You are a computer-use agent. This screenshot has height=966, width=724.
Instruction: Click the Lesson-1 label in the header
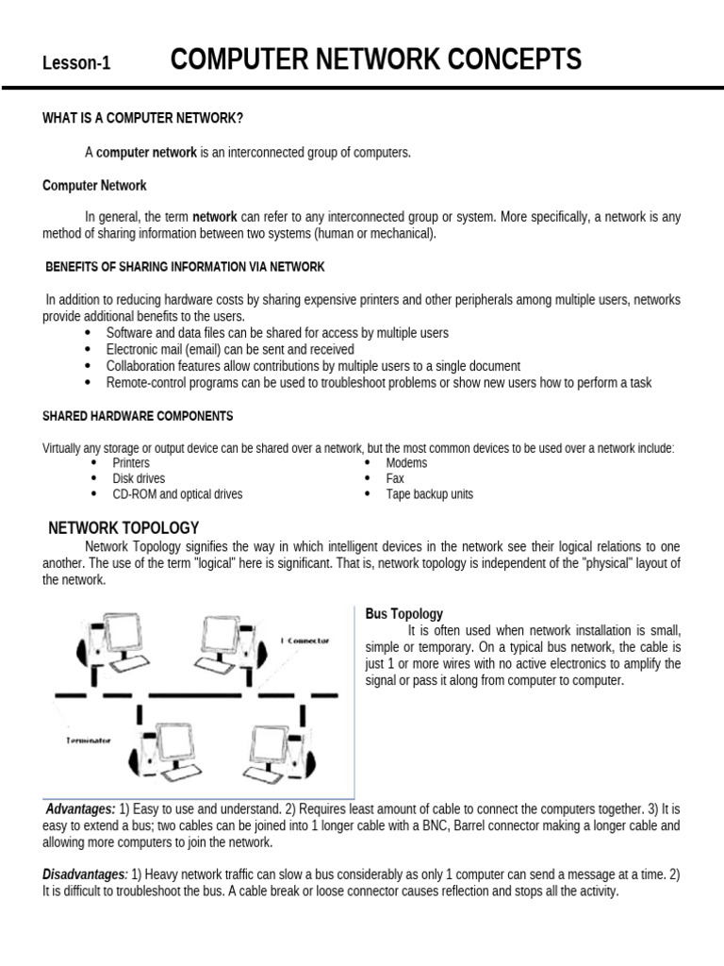(x=76, y=64)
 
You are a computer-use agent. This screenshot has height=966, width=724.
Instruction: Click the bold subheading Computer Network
(x=94, y=186)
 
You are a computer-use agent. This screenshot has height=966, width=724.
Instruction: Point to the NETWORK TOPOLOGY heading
(x=123, y=527)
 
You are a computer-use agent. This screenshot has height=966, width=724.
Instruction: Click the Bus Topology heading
(x=404, y=614)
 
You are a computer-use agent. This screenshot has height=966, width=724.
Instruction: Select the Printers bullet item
(x=131, y=463)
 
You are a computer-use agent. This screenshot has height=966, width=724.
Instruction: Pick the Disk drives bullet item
(x=139, y=479)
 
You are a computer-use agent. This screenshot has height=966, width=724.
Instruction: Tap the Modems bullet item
(x=406, y=463)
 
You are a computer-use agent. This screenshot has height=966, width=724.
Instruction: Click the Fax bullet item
(x=395, y=479)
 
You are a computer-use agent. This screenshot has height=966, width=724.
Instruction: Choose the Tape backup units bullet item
(x=429, y=494)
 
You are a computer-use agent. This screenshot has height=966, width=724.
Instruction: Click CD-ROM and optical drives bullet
(x=177, y=494)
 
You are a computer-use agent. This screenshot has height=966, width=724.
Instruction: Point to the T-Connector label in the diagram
(x=305, y=641)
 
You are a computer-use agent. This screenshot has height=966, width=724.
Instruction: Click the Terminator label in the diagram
(x=89, y=741)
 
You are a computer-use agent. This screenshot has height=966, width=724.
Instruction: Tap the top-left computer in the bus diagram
(x=113, y=641)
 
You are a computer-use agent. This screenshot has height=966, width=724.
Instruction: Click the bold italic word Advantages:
(x=81, y=809)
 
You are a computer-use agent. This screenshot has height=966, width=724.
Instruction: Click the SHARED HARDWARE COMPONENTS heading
(x=138, y=416)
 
